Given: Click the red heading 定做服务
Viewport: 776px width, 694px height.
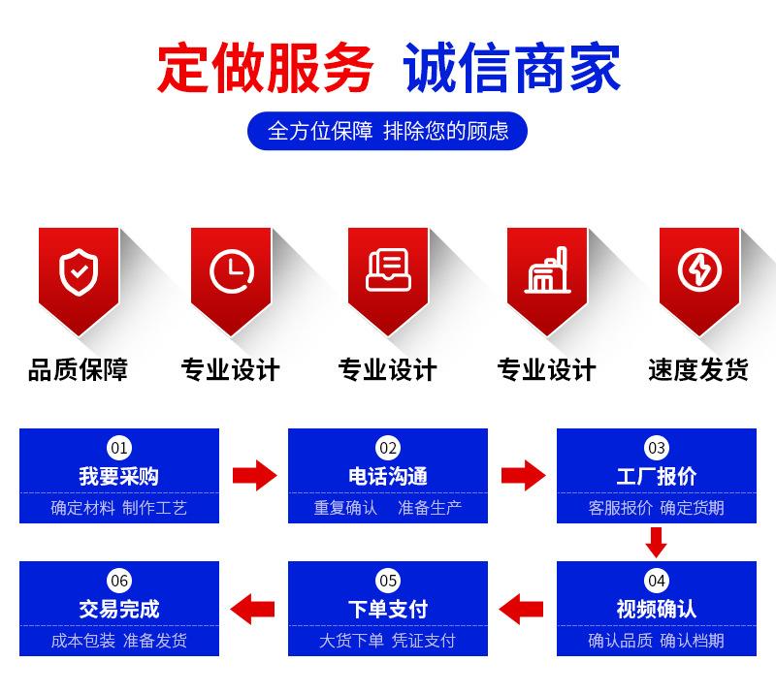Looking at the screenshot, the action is (x=265, y=68).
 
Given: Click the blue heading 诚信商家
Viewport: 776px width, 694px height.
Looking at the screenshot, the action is (x=512, y=68).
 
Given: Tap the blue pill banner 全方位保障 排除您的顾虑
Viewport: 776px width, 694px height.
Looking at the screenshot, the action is (x=387, y=131).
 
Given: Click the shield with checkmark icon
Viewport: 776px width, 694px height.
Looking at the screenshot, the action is (x=79, y=272).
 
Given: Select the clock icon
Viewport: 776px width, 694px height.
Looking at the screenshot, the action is (x=232, y=272).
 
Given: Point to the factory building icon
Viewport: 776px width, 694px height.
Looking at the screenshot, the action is (x=547, y=270).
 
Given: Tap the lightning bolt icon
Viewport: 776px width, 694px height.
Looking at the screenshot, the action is (x=699, y=270).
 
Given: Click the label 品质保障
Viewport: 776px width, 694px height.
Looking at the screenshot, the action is (x=79, y=369).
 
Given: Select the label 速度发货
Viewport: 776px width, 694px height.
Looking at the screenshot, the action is (x=698, y=369).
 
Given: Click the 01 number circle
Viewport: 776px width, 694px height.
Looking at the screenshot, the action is (x=119, y=448).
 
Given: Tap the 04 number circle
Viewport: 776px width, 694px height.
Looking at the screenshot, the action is (x=657, y=581).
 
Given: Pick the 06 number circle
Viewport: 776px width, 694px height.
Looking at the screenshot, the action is (x=119, y=581).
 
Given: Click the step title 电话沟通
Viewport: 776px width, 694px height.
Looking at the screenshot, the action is (x=388, y=476).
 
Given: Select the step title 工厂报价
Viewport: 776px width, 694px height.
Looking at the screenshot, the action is (x=657, y=476).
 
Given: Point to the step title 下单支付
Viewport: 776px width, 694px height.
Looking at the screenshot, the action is (x=388, y=609).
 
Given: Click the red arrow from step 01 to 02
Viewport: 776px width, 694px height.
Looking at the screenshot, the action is (x=255, y=475).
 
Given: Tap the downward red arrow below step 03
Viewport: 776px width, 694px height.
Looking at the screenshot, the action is (x=657, y=543).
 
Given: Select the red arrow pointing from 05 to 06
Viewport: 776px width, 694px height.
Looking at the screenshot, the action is (x=252, y=609).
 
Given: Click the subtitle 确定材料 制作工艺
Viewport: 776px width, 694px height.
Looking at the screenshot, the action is (x=118, y=508).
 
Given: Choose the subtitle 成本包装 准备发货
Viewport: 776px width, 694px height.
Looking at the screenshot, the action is (x=118, y=641).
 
